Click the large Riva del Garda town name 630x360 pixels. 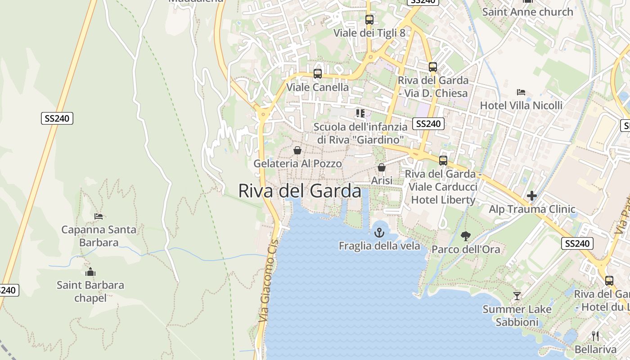299,191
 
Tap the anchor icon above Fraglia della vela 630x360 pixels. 379,233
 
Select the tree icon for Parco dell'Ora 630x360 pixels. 466,236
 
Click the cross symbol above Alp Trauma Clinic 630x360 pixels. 532,196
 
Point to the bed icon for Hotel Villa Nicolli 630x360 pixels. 521,92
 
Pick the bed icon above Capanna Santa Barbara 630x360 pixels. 99,216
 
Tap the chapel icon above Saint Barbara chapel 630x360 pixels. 90,272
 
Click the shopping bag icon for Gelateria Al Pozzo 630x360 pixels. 297,150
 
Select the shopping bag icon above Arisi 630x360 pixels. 382,167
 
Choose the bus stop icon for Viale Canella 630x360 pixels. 318,74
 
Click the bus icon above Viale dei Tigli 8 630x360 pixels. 369,20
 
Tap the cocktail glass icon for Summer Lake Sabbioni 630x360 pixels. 517,296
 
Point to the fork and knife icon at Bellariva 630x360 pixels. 595,336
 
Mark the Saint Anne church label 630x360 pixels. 527,12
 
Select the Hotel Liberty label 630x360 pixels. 443,200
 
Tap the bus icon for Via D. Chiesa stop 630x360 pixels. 433,67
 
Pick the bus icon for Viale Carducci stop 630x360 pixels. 443,161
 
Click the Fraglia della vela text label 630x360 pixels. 379,246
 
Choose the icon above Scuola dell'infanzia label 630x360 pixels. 360,113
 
